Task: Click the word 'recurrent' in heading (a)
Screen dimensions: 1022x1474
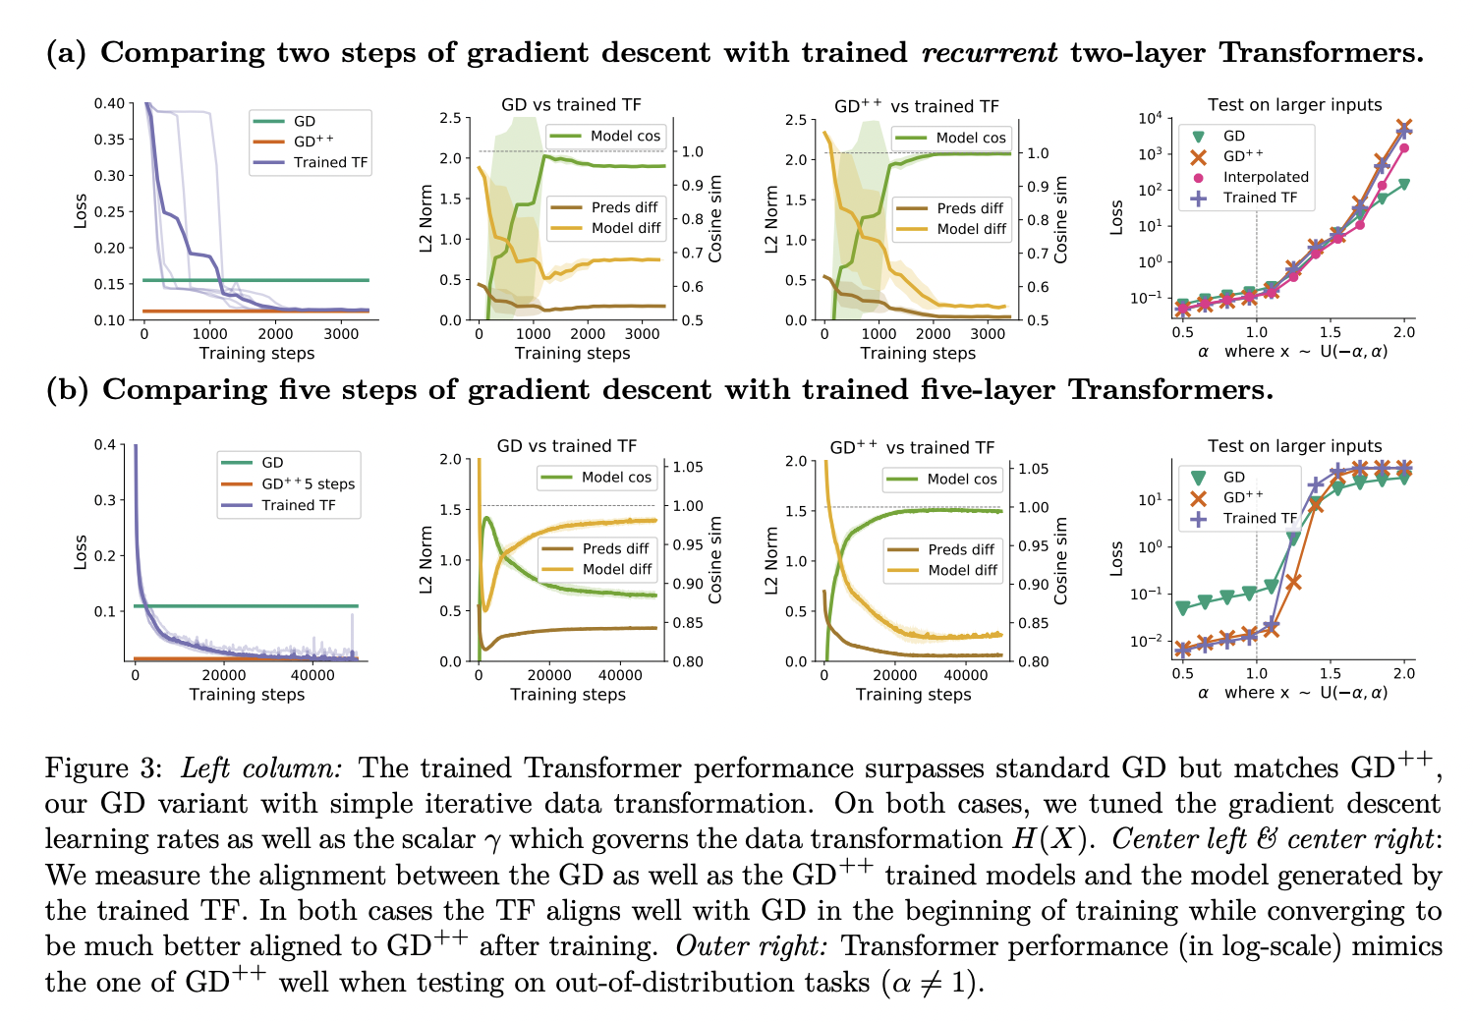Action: tap(990, 53)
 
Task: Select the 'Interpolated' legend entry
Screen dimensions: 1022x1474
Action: tap(1266, 177)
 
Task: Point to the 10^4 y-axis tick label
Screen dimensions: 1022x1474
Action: tap(1150, 119)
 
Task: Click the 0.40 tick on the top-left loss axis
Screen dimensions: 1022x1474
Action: tap(109, 103)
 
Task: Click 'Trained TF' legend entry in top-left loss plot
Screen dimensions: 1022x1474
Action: tap(330, 162)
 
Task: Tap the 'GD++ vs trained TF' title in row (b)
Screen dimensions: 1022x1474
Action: tap(912, 447)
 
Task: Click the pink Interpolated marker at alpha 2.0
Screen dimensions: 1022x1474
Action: tap(1404, 148)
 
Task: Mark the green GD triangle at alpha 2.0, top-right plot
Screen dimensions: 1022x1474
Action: tap(1404, 184)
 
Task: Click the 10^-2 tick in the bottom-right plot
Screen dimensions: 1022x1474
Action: tap(1149, 642)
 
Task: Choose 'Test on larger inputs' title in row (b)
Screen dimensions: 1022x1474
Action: tap(1294, 445)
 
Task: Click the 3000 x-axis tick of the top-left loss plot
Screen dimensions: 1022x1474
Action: tap(341, 334)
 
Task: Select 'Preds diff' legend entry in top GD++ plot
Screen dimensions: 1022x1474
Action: tap(970, 208)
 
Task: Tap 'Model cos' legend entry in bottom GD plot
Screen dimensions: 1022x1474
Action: tap(616, 478)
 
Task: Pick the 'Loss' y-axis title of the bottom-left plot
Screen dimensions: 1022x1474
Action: tap(81, 552)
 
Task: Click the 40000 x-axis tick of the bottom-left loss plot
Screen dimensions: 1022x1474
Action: tap(312, 675)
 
